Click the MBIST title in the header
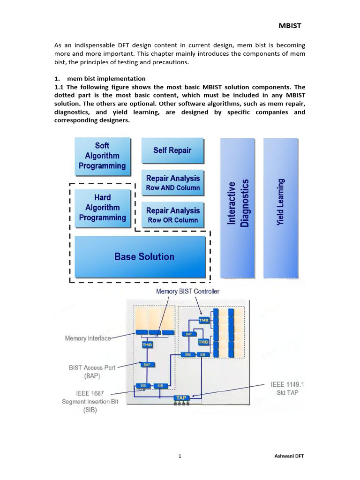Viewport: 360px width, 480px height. pos(290,25)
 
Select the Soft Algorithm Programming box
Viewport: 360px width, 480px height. pos(102,156)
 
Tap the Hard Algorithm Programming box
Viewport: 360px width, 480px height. pos(102,208)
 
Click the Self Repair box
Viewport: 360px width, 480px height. pos(172,150)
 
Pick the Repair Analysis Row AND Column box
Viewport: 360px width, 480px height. pos(173,182)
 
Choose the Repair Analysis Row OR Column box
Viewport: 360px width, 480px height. pos(173,215)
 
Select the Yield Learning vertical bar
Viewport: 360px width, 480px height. pos(281,208)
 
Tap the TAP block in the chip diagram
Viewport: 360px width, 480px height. pos(181,398)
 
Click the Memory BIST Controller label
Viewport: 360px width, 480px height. pos(187,292)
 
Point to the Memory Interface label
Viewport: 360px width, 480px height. pos(88,338)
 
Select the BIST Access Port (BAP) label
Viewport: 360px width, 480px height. pos(92,372)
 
